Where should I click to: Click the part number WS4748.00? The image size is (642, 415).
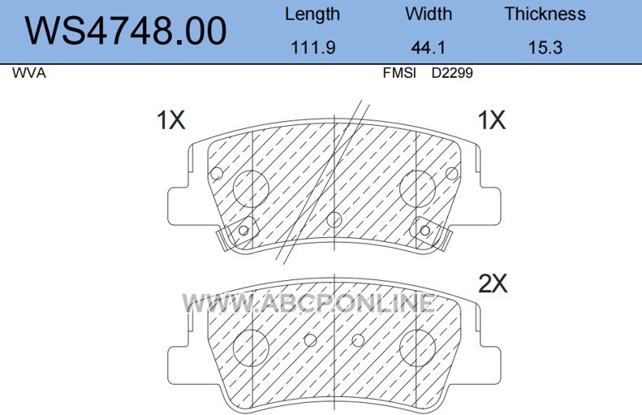tap(126, 30)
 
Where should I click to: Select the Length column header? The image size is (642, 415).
tap(312, 15)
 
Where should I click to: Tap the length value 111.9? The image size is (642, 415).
tap(312, 48)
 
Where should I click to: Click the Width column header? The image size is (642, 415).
tap(429, 14)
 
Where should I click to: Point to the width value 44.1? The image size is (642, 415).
tap(428, 48)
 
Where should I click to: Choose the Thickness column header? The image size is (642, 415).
tap(545, 14)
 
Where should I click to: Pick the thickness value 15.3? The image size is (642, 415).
tap(545, 48)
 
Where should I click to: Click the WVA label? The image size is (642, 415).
tap(29, 73)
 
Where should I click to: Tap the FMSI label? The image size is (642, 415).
tap(399, 73)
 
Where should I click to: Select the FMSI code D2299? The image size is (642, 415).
tap(452, 73)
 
